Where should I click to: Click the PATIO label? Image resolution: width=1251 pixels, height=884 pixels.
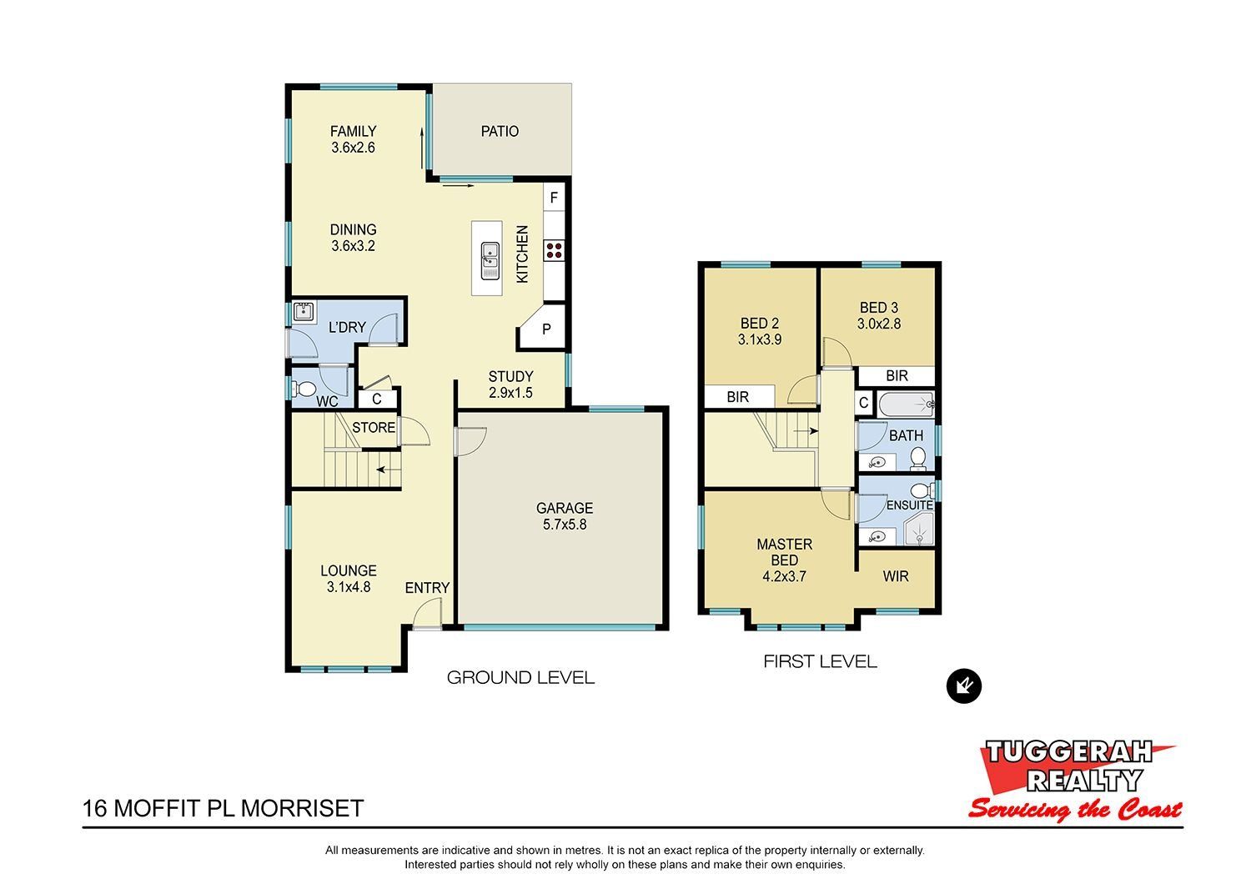coord(500,131)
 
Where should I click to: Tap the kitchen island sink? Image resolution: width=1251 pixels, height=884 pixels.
coord(490,260)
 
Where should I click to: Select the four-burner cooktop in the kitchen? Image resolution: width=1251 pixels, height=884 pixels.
coord(554,249)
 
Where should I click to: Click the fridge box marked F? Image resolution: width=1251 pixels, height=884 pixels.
coord(554,198)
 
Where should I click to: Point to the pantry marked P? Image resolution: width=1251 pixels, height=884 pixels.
coord(545,329)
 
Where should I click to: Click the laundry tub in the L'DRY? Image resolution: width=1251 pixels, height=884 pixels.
coord(303,312)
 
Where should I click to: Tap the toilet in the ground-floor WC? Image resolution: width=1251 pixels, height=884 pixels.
coord(304,388)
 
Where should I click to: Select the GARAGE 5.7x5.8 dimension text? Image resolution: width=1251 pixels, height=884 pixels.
coord(565,525)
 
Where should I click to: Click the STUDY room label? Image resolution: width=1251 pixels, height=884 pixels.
coord(510,376)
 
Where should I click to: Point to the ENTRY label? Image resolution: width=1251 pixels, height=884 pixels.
coord(427,587)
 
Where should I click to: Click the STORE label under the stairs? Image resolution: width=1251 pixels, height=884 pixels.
coord(374,428)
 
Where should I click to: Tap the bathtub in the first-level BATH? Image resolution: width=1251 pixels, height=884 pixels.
coord(907,404)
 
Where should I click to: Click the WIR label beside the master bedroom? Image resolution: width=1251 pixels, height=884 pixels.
coord(896,576)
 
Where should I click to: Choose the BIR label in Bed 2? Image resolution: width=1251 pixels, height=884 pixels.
coord(737,397)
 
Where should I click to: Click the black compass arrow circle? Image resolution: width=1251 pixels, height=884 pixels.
coord(964,686)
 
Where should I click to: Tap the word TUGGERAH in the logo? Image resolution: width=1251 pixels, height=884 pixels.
coord(1068,752)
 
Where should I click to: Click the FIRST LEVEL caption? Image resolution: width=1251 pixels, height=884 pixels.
coord(820,661)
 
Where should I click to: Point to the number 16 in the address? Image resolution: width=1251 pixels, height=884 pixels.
coord(95,808)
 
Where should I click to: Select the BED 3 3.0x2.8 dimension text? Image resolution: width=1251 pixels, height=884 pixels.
coord(879,324)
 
